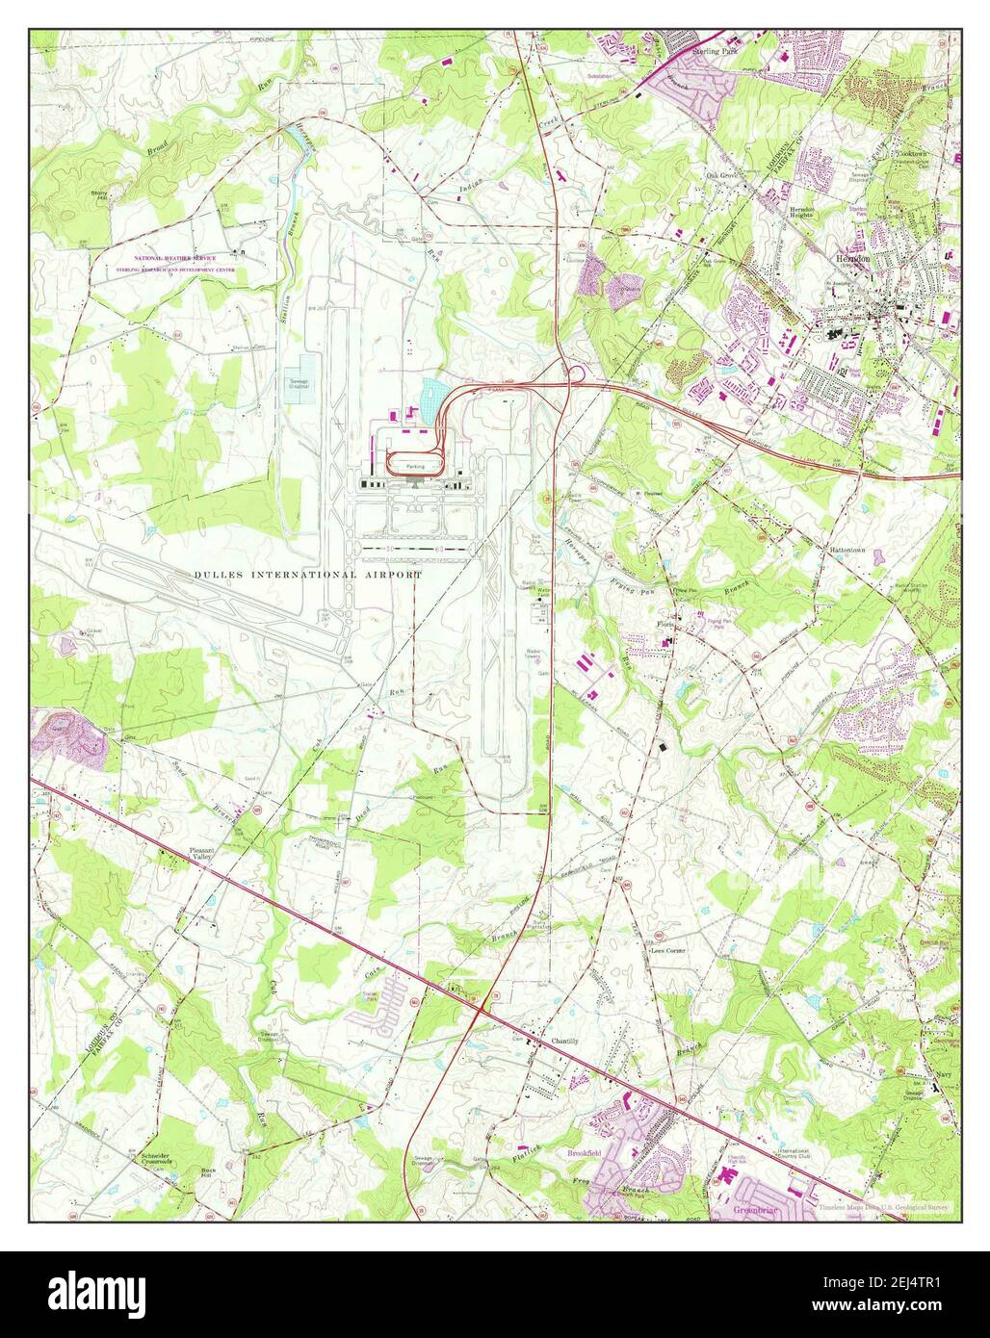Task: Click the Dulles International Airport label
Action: click(308, 575)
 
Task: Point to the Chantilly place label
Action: click(565, 1042)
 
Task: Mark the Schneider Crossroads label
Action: click(161, 1159)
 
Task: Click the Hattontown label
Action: click(848, 550)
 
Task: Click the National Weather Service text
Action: click(182, 260)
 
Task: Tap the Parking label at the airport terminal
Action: click(415, 466)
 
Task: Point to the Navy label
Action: click(944, 1075)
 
